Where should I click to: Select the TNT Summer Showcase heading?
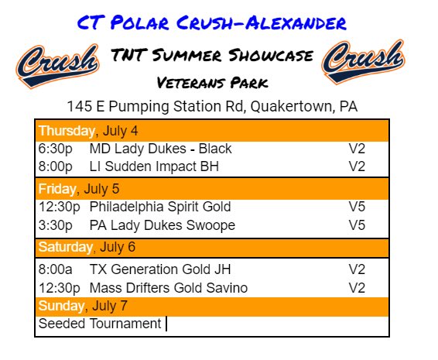[211, 56]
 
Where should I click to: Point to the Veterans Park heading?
[211, 81]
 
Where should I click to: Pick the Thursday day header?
[64, 130]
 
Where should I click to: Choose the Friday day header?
[56, 188]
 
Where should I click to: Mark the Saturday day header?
[65, 247]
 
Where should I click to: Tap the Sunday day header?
[62, 306]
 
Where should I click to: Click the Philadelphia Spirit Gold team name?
[160, 207]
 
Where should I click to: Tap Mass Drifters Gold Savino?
[169, 288]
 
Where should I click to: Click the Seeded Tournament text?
[100, 324]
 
